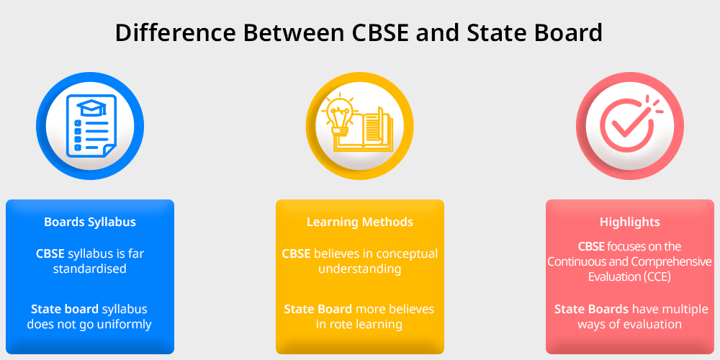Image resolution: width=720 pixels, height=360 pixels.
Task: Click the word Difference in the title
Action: (x=176, y=33)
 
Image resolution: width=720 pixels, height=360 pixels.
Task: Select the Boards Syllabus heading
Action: (x=90, y=222)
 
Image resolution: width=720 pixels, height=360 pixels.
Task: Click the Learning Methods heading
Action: (x=360, y=222)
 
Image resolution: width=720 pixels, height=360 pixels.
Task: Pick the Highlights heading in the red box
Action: (x=630, y=222)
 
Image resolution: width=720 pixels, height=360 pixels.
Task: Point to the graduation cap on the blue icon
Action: (x=91, y=108)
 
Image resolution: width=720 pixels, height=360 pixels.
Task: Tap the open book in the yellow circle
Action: (x=372, y=130)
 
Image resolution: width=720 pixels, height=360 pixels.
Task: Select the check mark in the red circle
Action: (x=626, y=124)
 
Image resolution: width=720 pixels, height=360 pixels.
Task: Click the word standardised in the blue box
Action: (x=89, y=269)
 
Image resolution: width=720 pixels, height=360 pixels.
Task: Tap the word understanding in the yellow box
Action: (x=360, y=269)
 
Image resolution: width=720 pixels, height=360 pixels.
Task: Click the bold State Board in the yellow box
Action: (x=318, y=309)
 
